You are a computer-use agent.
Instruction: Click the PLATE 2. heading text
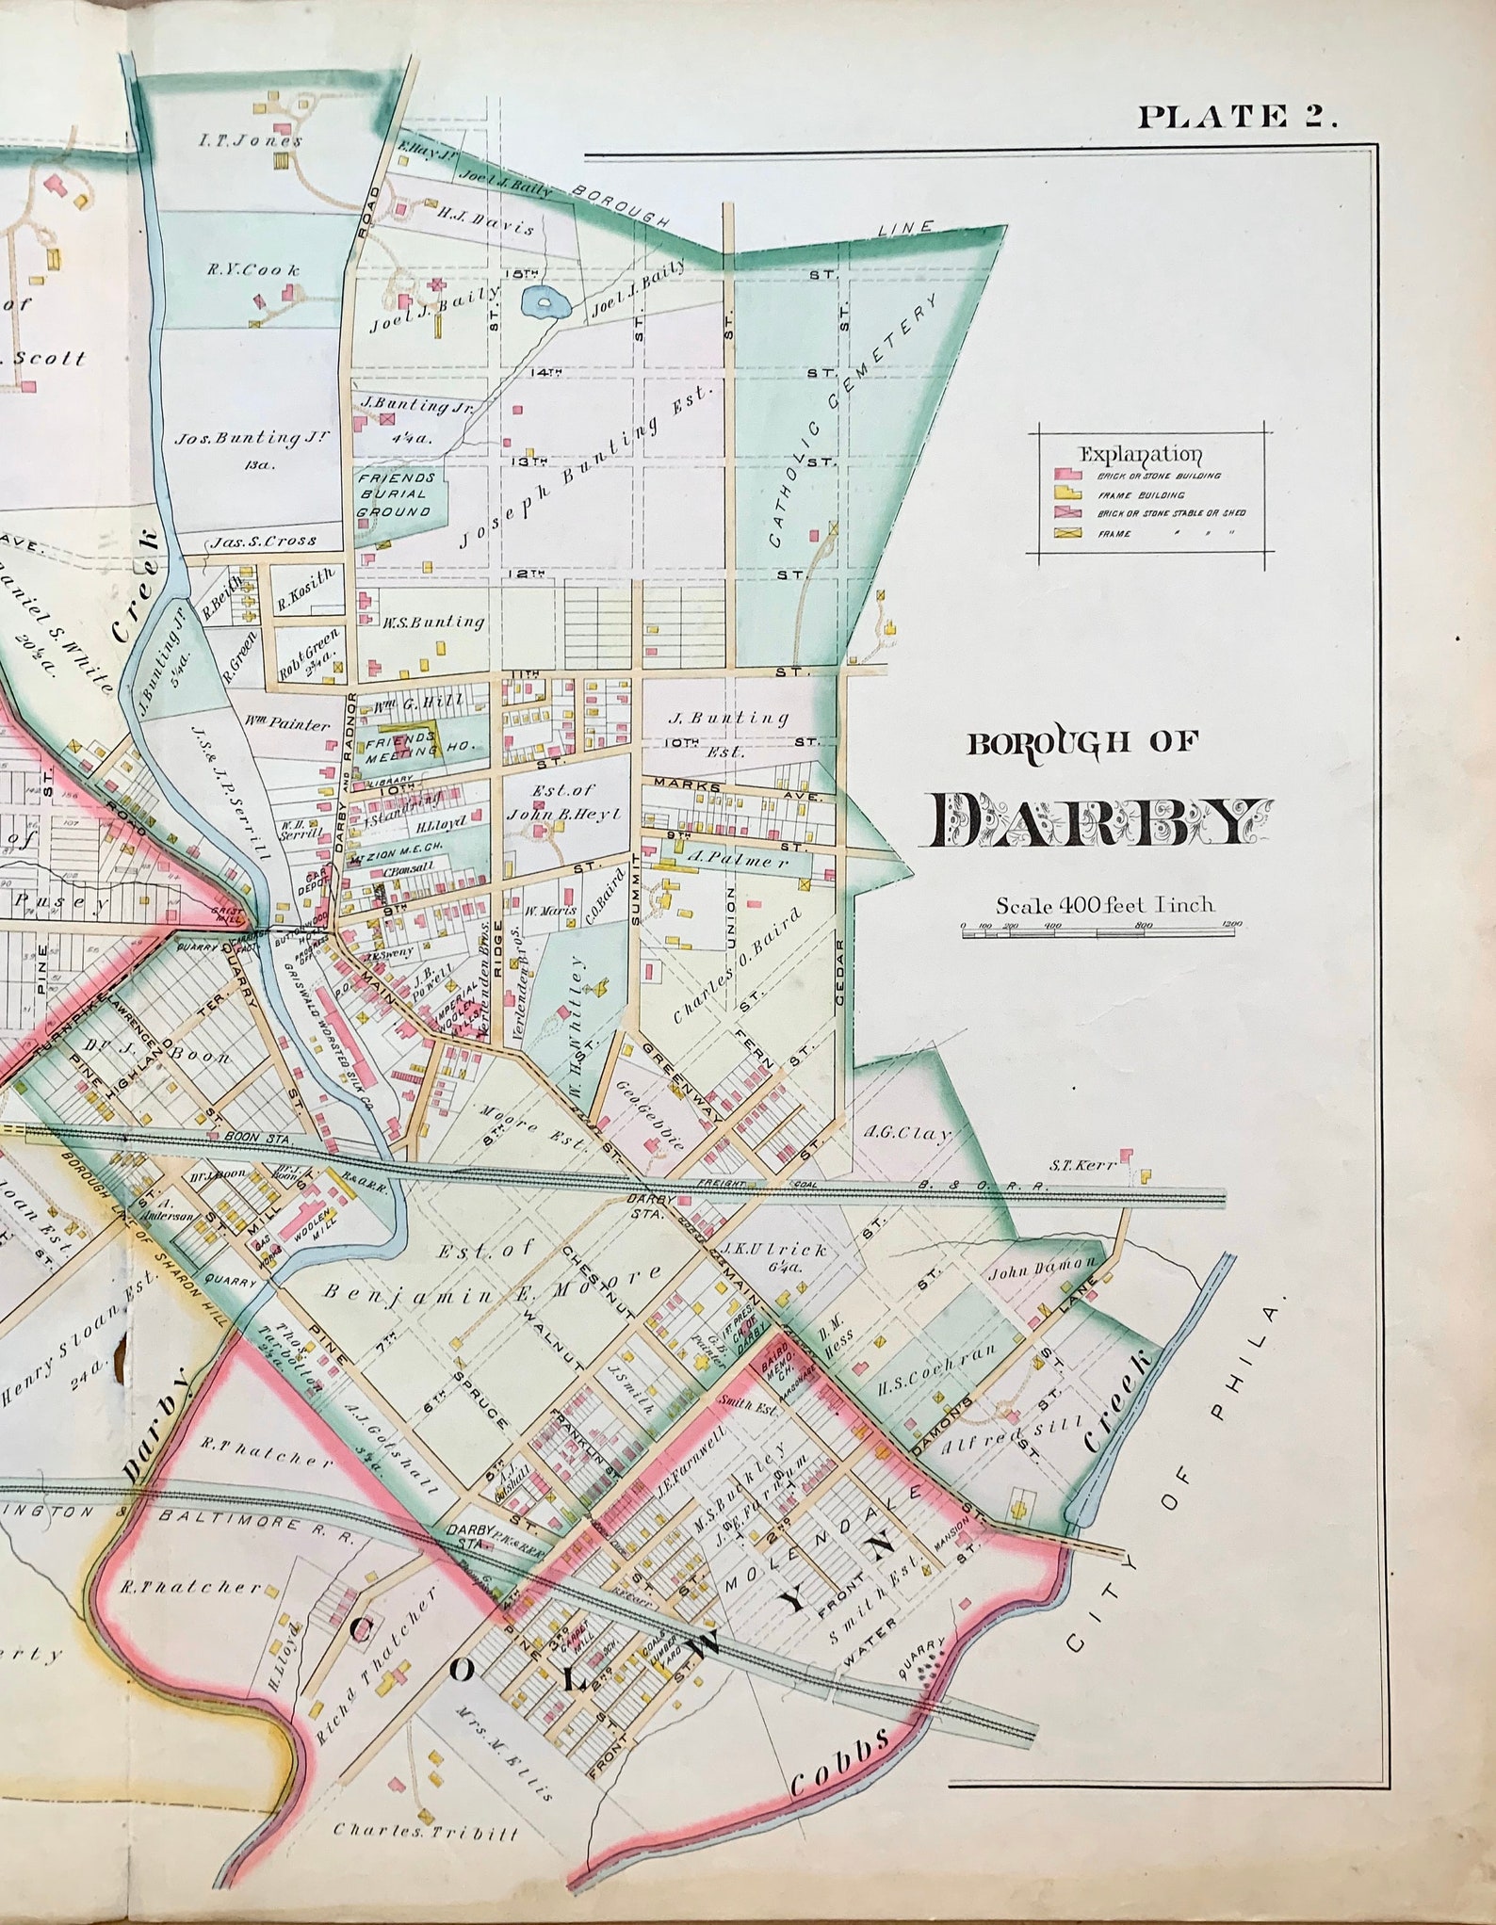pos(1237,117)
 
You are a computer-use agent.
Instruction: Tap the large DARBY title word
pos(1096,820)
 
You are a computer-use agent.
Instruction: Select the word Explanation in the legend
pos(1140,454)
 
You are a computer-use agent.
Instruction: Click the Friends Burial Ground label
pos(394,494)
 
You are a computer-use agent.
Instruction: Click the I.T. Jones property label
pos(251,141)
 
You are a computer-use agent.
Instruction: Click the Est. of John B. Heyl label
pos(562,801)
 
